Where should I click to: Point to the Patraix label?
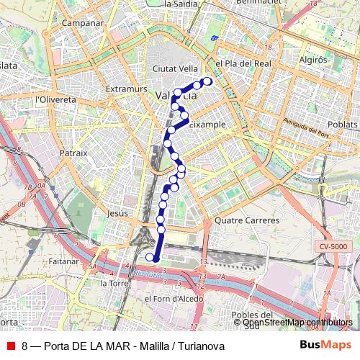tap(73, 153)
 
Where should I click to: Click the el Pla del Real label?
tap(238, 63)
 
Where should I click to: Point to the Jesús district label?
tap(117, 214)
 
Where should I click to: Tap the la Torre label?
tap(114, 283)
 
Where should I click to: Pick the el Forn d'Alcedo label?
tap(168, 299)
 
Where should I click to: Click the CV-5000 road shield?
tap(333, 247)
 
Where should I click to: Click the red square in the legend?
tap(10, 346)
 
